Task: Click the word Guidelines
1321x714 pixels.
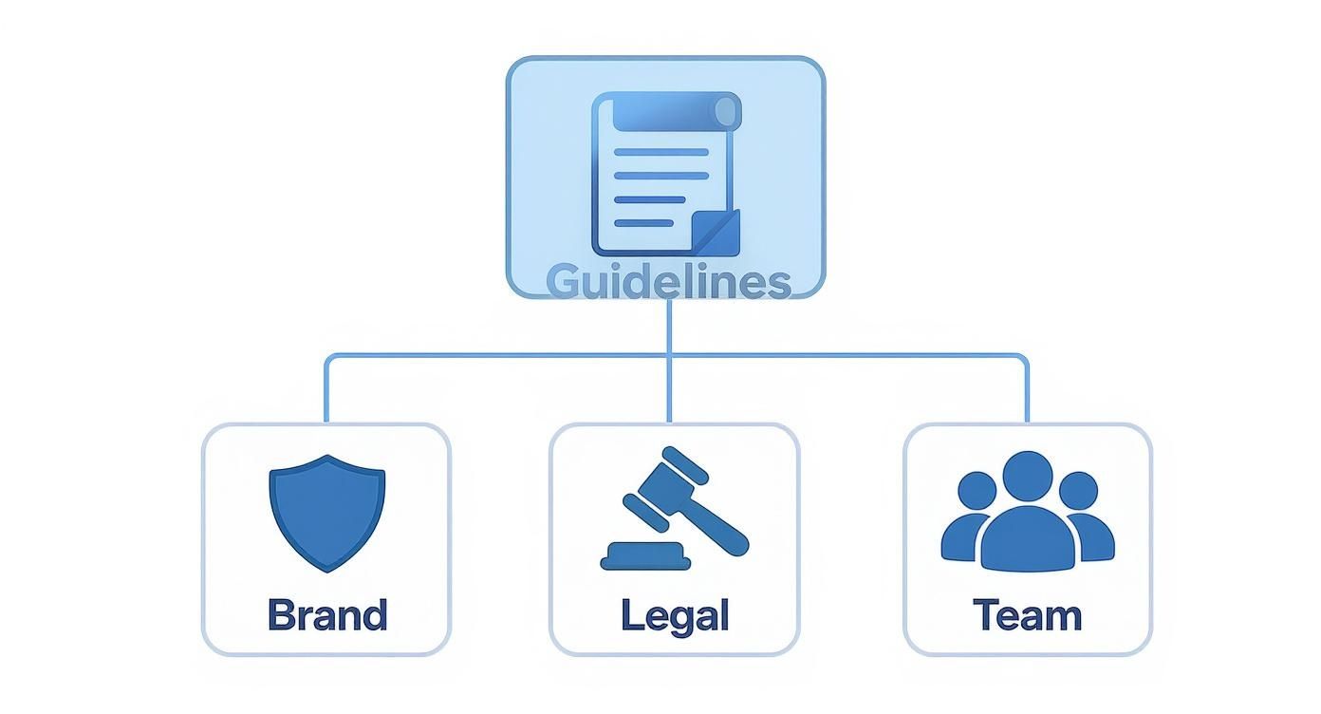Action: pos(668,282)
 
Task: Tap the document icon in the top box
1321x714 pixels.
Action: pos(665,176)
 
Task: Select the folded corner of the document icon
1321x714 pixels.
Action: pos(716,233)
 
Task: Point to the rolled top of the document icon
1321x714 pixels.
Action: pos(676,112)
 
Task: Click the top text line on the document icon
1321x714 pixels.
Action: pos(661,152)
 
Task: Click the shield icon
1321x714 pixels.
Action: pos(327,512)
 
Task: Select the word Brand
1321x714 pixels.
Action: pos(327,615)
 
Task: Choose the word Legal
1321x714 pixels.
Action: pos(675,615)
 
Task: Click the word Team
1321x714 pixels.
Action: pos(1027,615)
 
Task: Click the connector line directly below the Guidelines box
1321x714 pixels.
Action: pos(669,328)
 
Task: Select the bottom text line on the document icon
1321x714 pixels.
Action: pos(644,223)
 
